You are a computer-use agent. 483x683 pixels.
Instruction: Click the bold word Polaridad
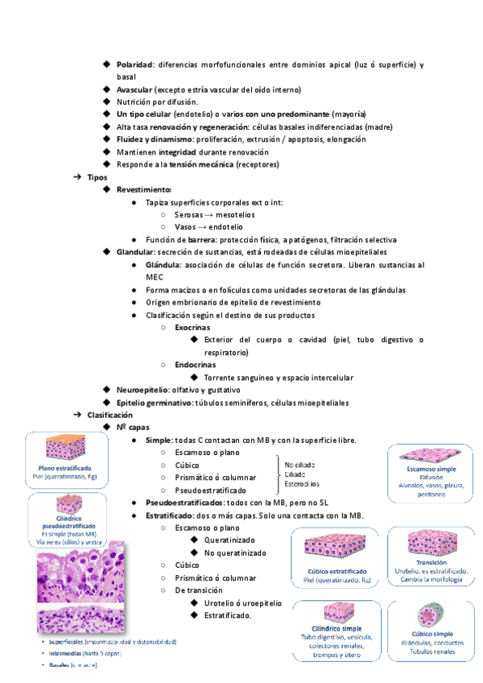coord(134,64)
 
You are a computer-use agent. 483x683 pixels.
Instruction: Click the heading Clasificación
coord(109,414)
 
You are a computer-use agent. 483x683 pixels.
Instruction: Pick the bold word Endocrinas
coord(195,365)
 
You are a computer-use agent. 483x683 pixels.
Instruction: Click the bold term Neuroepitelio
coord(143,389)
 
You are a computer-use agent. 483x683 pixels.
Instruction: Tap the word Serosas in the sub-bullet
coord(189,214)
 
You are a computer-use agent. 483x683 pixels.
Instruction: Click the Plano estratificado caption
coord(65,468)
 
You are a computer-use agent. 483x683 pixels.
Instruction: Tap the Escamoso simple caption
coord(425,469)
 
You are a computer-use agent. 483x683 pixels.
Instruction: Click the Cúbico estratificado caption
coord(332,570)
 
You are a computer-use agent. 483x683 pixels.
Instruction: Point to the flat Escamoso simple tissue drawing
coord(424,453)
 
